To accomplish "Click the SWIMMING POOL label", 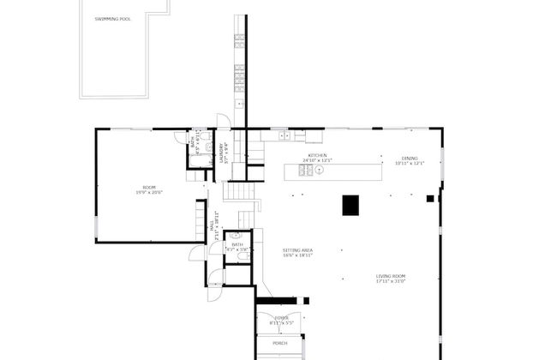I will point(112,19).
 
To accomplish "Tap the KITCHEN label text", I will point(317,156).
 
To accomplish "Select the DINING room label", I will point(410,159).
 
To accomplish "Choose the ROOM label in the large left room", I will point(149,188).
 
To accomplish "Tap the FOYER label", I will point(279,319).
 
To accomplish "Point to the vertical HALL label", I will point(212,226).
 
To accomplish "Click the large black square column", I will point(350,206).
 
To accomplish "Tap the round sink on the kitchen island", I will point(319,170).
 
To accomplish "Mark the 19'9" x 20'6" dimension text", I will point(149,193).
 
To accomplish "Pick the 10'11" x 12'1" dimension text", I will point(410,164).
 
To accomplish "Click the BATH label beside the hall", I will point(237,244).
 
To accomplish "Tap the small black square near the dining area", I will point(430,199).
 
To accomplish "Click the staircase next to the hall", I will point(247,207).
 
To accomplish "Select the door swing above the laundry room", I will point(223,121).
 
